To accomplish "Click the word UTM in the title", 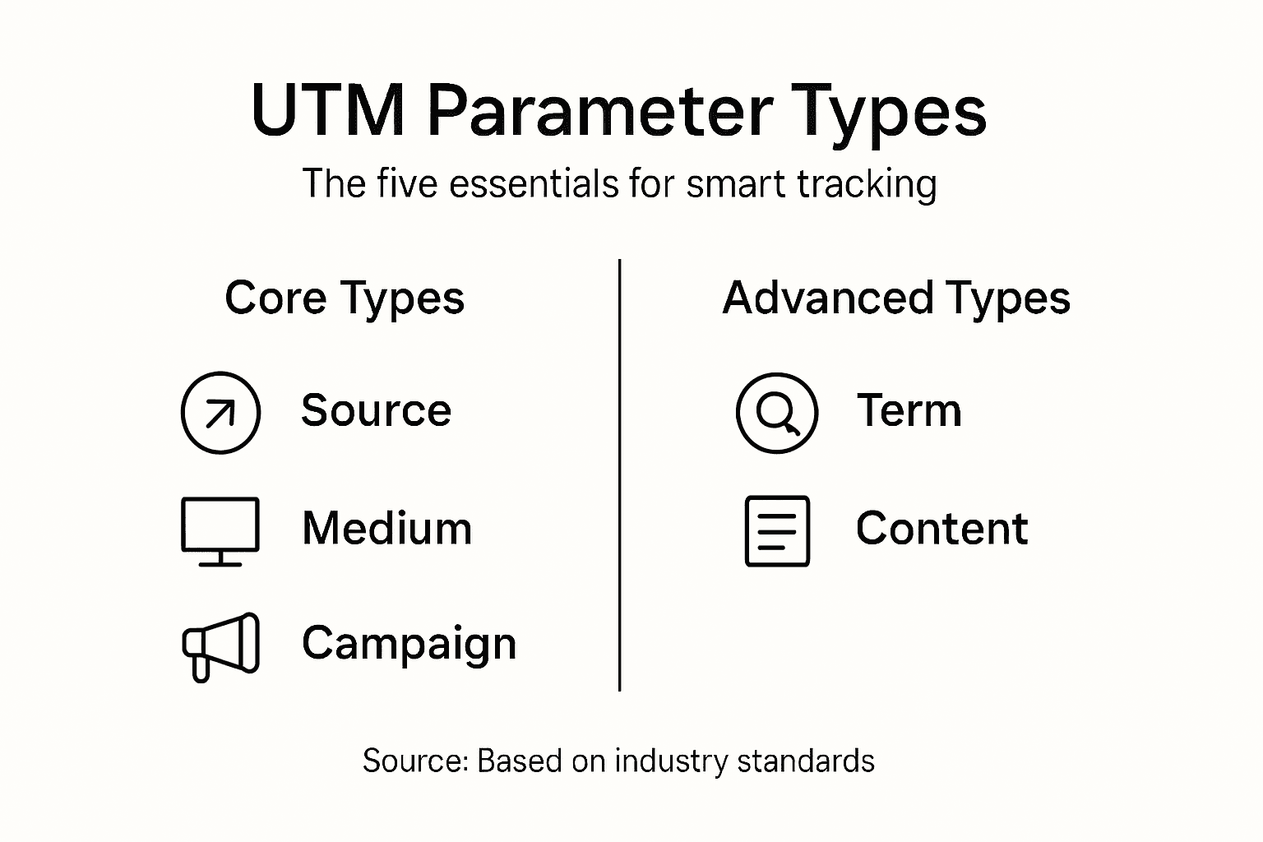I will tap(327, 111).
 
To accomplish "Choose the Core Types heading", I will tap(345, 298).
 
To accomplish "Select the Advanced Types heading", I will tap(896, 298).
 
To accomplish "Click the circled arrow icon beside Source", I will tap(220, 413).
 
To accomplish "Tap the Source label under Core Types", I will tap(376, 409).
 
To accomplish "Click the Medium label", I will tap(386, 528).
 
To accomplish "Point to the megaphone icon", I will tap(220, 646).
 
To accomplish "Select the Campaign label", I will tap(409, 644).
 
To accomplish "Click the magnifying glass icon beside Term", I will tap(777, 413).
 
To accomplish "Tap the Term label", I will tap(909, 409).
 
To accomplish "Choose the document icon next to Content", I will tap(777, 530).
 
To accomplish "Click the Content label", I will tap(941, 528).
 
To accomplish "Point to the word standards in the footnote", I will tap(806, 761).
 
